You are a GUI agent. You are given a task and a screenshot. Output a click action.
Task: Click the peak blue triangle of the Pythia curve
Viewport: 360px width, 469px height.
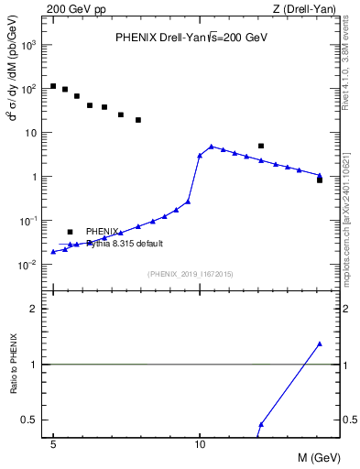tap(212, 147)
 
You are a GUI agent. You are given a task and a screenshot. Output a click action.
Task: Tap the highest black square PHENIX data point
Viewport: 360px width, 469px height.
tap(53, 86)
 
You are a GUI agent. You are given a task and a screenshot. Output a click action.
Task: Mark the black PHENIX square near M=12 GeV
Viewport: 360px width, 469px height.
tap(261, 146)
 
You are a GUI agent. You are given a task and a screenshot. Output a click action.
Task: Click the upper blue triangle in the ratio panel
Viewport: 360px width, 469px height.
tap(320, 344)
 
